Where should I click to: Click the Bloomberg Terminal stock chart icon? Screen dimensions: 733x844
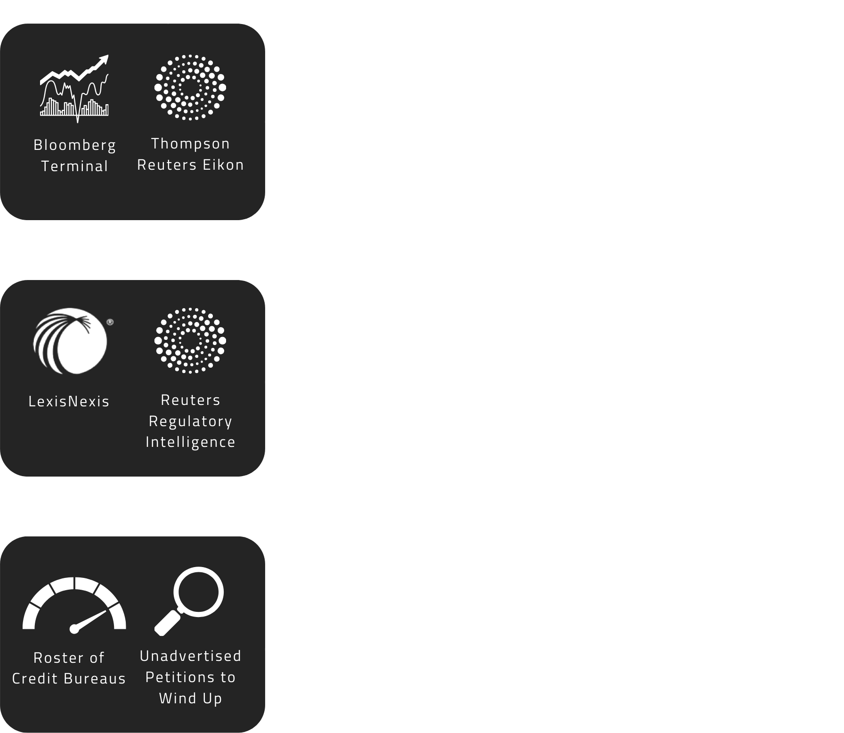74,88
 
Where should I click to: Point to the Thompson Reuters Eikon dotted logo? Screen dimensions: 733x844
190,87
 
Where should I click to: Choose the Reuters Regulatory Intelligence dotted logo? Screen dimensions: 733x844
190,341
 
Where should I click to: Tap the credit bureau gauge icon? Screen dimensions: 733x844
74,605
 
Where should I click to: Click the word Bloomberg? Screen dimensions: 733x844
75,145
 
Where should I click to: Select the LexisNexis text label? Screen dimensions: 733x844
69,402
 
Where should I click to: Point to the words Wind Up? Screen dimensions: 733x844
190,698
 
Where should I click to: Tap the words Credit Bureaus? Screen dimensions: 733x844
69,679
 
